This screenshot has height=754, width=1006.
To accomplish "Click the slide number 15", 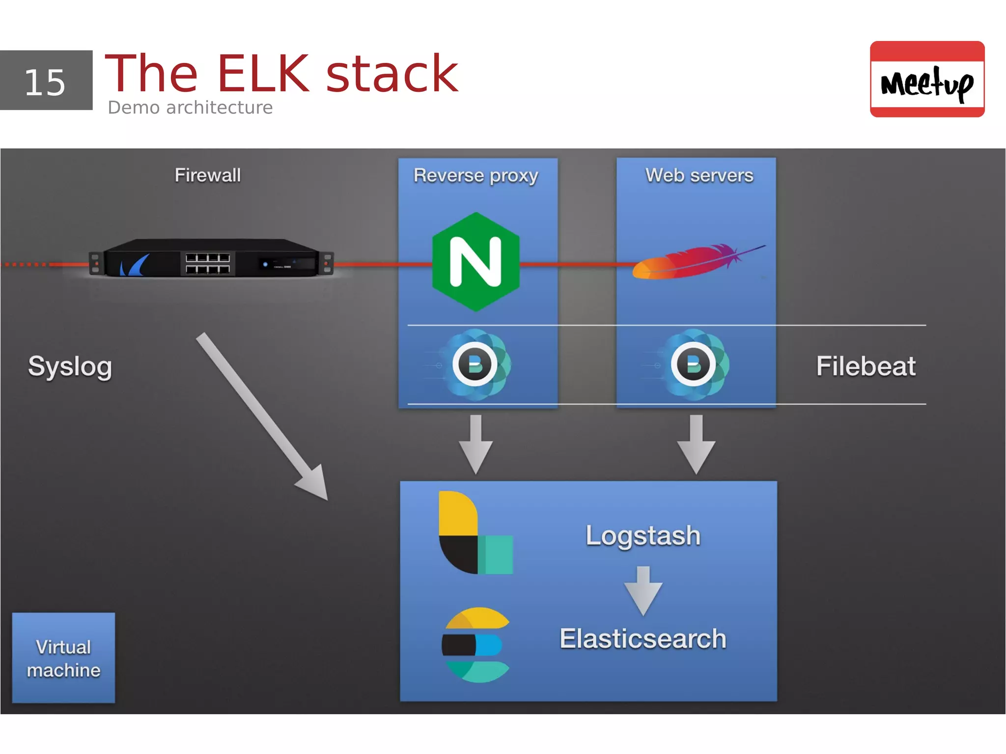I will tap(45, 82).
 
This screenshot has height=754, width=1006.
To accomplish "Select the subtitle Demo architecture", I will tap(190, 108).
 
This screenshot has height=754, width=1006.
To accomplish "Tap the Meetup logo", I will tap(926, 80).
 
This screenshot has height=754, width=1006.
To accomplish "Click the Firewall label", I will tap(208, 175).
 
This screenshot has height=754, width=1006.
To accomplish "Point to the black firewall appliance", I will tap(211, 258).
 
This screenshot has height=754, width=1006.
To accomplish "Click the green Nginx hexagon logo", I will tap(475, 262).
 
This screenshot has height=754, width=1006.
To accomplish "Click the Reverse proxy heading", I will tap(475, 176).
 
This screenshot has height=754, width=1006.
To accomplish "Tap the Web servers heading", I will tap(699, 175).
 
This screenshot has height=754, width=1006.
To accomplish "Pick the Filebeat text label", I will tap(866, 366).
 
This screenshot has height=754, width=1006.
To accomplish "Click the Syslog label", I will tap(70, 366).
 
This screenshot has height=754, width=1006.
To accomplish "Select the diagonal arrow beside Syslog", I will tap(262, 417).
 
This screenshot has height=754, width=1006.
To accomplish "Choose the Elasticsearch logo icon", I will tap(475, 645).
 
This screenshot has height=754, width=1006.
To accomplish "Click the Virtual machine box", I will tap(63, 658).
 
